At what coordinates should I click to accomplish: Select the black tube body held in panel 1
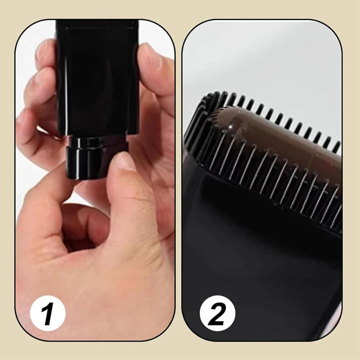97,80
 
